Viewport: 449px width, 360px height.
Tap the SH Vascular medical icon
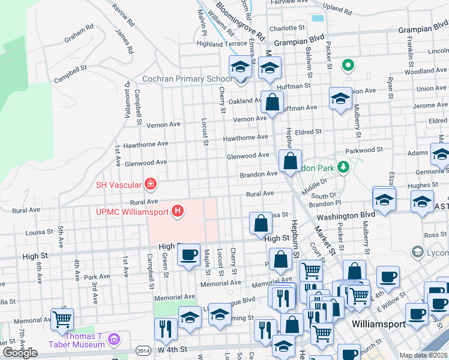pyautogui.click(x=151, y=184)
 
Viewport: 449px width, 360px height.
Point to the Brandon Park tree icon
pyautogui.click(x=343, y=167)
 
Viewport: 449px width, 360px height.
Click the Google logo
pyautogui.click(x=20, y=353)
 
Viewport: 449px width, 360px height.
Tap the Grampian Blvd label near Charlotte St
pyautogui.click(x=295, y=43)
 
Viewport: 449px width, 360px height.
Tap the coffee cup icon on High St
pyautogui.click(x=188, y=254)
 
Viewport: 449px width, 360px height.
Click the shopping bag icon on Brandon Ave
pyautogui.click(x=290, y=161)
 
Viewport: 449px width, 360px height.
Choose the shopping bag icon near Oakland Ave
pyautogui.click(x=272, y=102)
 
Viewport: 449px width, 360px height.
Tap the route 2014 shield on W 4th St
pyautogui.click(x=144, y=350)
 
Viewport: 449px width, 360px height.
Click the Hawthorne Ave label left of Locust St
pyautogui.click(x=146, y=145)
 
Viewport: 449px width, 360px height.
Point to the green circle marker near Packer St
pyautogui.click(x=348, y=65)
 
